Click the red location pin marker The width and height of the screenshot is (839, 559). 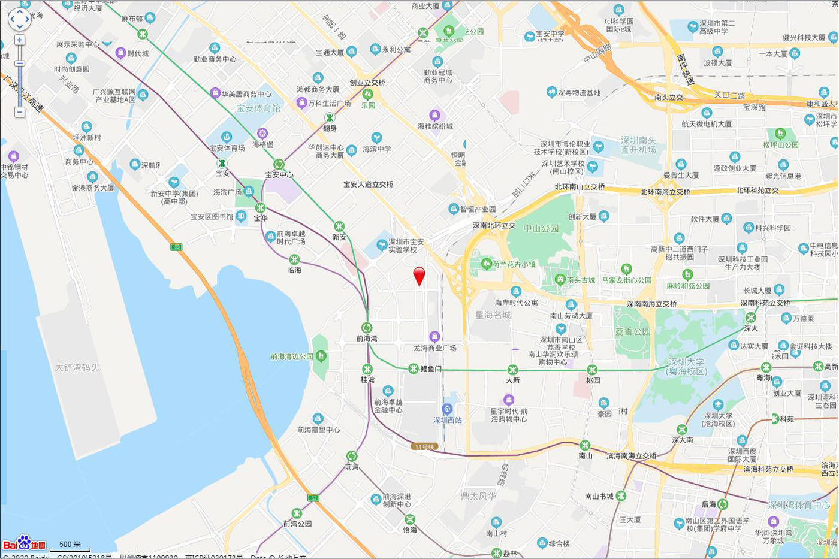[419, 276]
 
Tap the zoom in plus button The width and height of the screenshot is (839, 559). [20, 40]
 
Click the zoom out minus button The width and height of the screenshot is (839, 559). [20, 112]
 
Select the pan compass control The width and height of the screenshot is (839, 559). [19, 19]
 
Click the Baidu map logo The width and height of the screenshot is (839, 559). [24, 543]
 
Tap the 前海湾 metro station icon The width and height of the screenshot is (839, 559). [367, 328]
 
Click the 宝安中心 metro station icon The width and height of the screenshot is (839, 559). [279, 164]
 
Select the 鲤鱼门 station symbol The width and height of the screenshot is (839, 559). [414, 368]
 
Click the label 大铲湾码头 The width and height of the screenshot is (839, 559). [77, 367]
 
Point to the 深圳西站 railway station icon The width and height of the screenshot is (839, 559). [447, 409]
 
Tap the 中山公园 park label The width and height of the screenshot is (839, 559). [541, 228]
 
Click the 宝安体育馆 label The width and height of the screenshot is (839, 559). [258, 108]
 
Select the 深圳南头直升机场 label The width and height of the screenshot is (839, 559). [638, 144]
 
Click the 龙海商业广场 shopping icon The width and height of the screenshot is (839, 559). [435, 337]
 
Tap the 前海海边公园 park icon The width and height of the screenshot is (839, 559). [321, 356]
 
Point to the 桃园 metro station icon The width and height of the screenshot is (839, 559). [592, 370]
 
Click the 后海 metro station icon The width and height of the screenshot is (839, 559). [723, 504]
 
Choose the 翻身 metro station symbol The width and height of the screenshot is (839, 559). [330, 117]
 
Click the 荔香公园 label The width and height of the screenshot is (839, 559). [633, 331]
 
